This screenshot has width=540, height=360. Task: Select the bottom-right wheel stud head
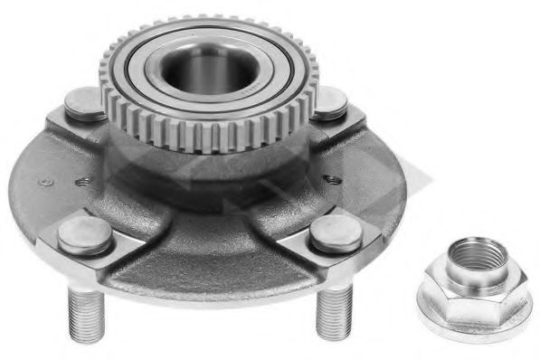pos(336,233)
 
